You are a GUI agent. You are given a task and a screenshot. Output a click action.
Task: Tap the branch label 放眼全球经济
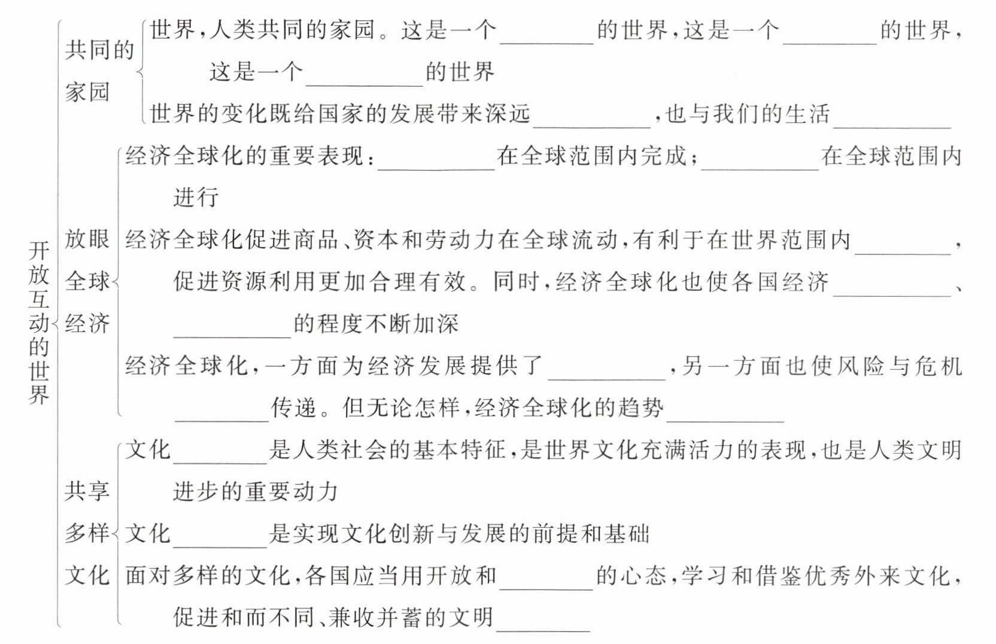[x=87, y=281]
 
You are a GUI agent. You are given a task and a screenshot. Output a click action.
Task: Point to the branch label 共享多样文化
[x=87, y=533]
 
